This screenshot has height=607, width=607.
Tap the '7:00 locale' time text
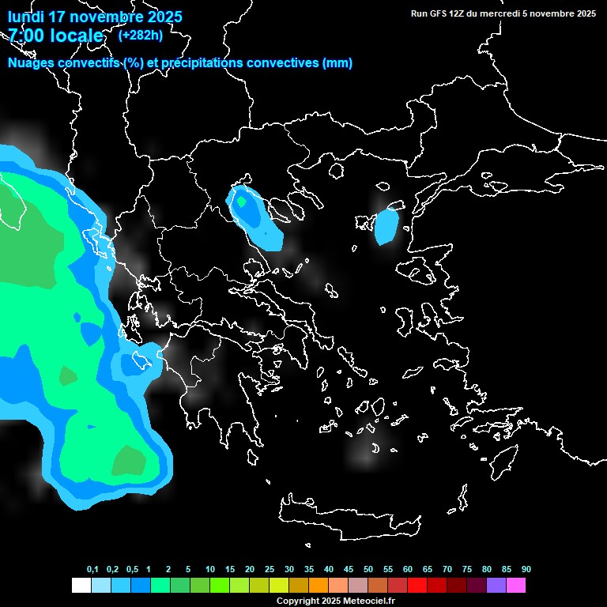pyautogui.click(x=55, y=36)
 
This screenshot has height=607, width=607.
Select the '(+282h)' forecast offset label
pyautogui.click(x=141, y=35)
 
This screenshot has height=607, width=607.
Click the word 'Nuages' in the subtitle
pyautogui.click(x=31, y=63)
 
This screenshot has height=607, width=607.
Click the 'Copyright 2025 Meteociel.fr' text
pyautogui.click(x=335, y=601)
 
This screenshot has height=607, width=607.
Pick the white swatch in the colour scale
pyautogui.click(x=81, y=586)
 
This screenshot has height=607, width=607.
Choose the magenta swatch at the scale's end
pyautogui.click(x=515, y=586)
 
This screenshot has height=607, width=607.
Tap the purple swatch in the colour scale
pyautogui.click(x=496, y=586)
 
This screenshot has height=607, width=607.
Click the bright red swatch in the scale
pyautogui.click(x=417, y=586)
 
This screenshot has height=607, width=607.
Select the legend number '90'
pyautogui.click(x=526, y=569)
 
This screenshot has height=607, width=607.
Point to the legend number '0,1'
pyautogui.click(x=92, y=569)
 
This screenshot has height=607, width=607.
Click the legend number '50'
pyautogui.click(x=368, y=569)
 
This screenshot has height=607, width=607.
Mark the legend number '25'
pyautogui.click(x=270, y=569)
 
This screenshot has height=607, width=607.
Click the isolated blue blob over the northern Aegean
pyautogui.click(x=387, y=225)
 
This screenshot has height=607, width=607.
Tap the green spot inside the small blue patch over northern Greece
pyautogui.click(x=241, y=202)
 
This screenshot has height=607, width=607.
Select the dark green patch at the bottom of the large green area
pyautogui.click(x=128, y=460)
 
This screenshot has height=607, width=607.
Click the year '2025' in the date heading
pyautogui.click(x=164, y=17)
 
